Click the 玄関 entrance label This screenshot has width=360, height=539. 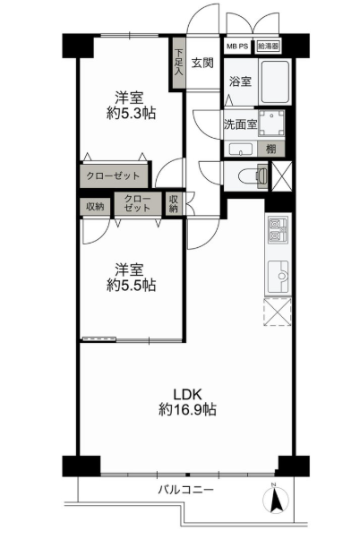pyautogui.click(x=202, y=63)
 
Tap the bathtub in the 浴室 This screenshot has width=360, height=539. pyautogui.click(x=276, y=81)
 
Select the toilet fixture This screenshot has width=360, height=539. pyautogui.click(x=253, y=175)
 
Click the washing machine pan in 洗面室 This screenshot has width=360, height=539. pyautogui.click(x=271, y=124)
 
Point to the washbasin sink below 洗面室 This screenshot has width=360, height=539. pyautogui.click(x=241, y=150)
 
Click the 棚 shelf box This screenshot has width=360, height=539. pyautogui.click(x=271, y=149)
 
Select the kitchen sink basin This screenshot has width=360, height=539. pyautogui.click(x=279, y=276)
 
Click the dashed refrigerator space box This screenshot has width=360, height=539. pyautogui.click(x=277, y=312)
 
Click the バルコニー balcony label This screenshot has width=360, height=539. pyautogui.click(x=185, y=489)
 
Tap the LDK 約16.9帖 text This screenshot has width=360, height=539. pyautogui.click(x=188, y=401)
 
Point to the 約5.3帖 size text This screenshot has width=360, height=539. pyautogui.click(x=132, y=113)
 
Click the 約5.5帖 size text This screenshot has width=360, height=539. pyautogui.click(x=132, y=285)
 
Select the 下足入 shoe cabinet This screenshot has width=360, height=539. pyautogui.click(x=178, y=63)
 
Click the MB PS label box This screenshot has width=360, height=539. pyautogui.click(x=237, y=47)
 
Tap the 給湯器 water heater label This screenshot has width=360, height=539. pyautogui.click(x=268, y=47)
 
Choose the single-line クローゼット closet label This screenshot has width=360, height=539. pyautogui.click(x=114, y=175)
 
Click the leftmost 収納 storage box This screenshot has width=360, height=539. pyautogui.click(x=95, y=207)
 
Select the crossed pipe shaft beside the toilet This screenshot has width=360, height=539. pyautogui.click(x=281, y=176)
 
